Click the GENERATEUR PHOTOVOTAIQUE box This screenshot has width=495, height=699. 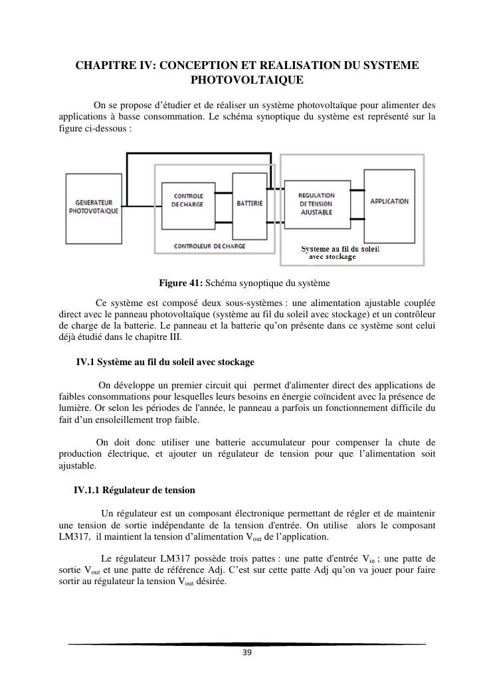point(94,206)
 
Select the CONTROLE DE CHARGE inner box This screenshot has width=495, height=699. point(188,200)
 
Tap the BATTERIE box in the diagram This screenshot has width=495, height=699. point(249,203)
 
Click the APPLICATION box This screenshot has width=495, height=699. point(389,201)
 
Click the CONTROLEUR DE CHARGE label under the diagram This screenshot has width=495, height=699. point(209,246)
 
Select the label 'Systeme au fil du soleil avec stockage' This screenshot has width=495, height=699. point(340,253)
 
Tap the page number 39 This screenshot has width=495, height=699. point(247,653)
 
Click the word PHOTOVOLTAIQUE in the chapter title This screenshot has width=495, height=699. point(247,80)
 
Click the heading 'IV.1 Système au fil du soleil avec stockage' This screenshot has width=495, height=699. point(165,362)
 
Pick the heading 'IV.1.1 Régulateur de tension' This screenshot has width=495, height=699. point(135,490)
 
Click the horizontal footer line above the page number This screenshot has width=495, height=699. point(247,644)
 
